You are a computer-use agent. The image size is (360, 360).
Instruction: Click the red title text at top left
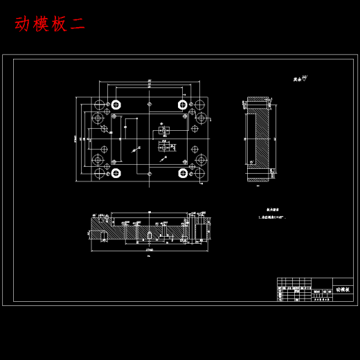(49, 24)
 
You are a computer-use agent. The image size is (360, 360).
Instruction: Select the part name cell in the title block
(342, 289)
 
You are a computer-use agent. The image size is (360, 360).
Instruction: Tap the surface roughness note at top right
(300, 79)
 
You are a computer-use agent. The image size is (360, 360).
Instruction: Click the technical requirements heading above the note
(273, 209)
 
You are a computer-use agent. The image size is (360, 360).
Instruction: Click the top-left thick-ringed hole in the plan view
(116, 105)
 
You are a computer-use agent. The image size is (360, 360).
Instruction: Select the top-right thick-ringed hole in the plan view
(183, 105)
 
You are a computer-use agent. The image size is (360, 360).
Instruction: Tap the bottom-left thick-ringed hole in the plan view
(116, 172)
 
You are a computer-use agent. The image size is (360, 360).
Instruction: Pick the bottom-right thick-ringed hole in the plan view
(183, 172)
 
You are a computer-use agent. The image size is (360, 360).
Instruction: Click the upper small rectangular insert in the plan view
(164, 130)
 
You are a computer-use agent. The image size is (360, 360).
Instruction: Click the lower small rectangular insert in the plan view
(164, 147)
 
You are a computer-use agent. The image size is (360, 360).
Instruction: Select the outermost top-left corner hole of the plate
(100, 105)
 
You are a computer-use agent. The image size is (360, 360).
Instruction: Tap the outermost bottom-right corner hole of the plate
(199, 172)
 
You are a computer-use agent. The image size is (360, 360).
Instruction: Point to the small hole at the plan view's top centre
(150, 105)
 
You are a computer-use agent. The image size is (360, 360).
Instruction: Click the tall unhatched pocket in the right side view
(262, 138)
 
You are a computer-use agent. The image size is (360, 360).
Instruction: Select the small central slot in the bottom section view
(150, 236)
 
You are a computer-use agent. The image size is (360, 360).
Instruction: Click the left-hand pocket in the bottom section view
(103, 235)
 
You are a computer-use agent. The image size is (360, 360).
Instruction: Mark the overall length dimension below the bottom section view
(150, 249)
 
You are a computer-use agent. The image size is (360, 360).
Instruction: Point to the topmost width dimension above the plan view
(150, 82)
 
